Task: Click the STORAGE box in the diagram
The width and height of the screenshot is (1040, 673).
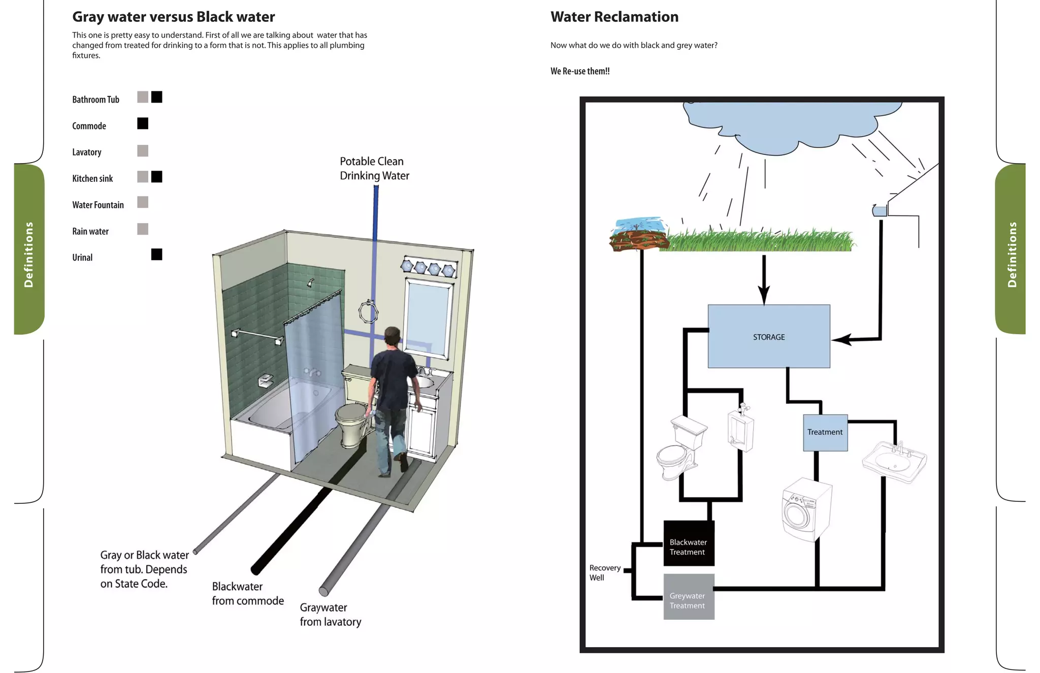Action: [768, 336]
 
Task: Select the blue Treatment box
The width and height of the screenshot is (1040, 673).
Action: [825, 432]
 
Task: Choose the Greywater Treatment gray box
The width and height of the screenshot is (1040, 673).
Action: [688, 597]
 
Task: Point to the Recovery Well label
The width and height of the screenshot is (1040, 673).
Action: [604, 572]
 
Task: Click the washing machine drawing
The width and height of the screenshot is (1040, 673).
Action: [805, 509]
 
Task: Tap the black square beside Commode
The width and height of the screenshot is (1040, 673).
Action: [143, 123]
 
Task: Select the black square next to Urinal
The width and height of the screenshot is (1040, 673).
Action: [156, 254]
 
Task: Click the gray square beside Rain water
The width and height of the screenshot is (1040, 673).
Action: [143, 229]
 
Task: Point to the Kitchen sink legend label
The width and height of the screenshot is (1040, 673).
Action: [92, 179]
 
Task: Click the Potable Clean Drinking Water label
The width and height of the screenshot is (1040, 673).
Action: [374, 168]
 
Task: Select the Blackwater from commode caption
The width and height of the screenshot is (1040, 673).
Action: [247, 594]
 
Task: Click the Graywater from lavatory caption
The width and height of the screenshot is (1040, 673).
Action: [330, 615]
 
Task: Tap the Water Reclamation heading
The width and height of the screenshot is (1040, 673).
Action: [614, 17]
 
